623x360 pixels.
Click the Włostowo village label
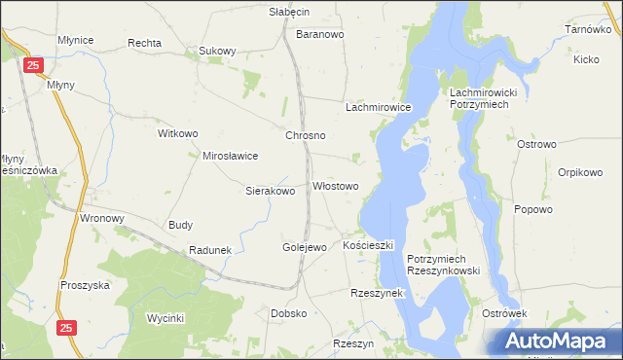[336, 186]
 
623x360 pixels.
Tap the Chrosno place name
[305, 136]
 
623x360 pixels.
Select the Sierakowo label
[270, 191]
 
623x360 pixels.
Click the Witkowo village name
[178, 132]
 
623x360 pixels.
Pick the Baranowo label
[320, 34]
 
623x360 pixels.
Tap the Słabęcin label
[288, 12]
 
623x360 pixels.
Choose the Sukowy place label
[217, 51]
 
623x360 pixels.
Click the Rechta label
[144, 44]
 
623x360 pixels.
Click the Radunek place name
[210, 250]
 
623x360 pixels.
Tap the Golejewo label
[304, 247]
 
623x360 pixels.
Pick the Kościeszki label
[368, 246]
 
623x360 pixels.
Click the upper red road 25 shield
[34, 65]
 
